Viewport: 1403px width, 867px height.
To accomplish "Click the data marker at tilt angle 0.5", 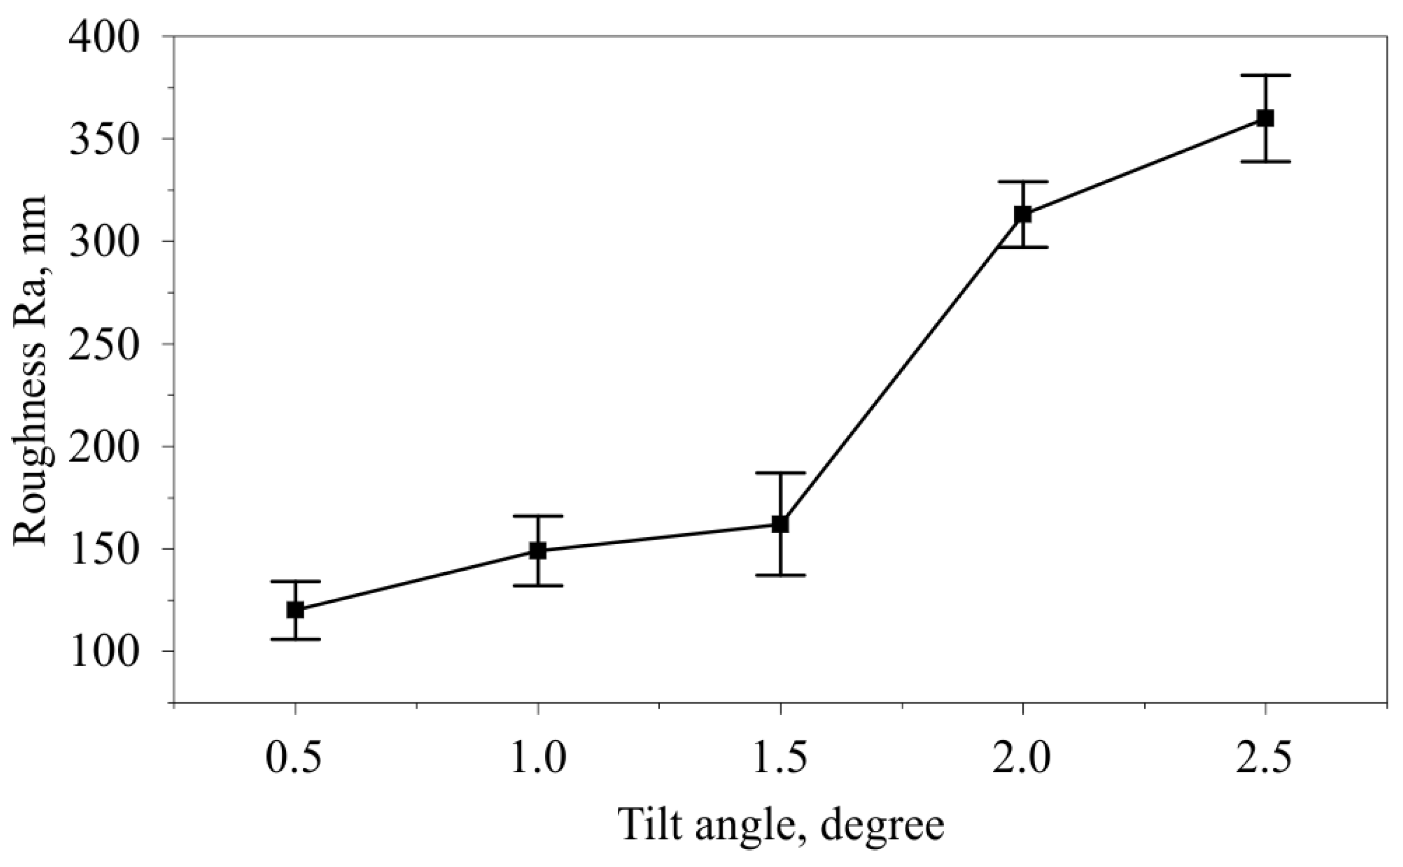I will (x=295, y=609).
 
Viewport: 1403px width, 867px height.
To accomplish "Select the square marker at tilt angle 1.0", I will (x=537, y=550).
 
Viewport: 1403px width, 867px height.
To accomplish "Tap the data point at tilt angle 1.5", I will (x=780, y=524).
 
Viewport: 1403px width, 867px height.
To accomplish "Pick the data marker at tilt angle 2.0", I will (x=1023, y=214).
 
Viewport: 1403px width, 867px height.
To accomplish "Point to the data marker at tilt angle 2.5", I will (x=1266, y=118).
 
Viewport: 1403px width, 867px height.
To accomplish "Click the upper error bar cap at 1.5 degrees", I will (x=780, y=473).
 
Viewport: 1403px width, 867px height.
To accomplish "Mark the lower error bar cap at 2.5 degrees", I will (x=1266, y=162).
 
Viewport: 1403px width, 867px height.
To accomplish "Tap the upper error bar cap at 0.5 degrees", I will (x=295, y=581).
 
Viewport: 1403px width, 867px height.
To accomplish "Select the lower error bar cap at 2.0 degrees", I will (x=1023, y=247).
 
